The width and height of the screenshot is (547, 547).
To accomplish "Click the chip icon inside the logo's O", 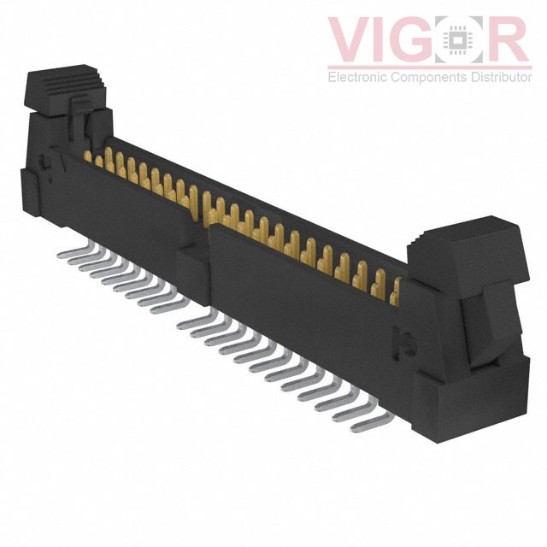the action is pyautogui.click(x=458, y=39).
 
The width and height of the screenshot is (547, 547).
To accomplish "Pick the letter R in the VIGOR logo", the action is pyautogui.click(x=507, y=39).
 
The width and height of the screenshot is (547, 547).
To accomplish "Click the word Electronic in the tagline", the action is pyautogui.click(x=357, y=77).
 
